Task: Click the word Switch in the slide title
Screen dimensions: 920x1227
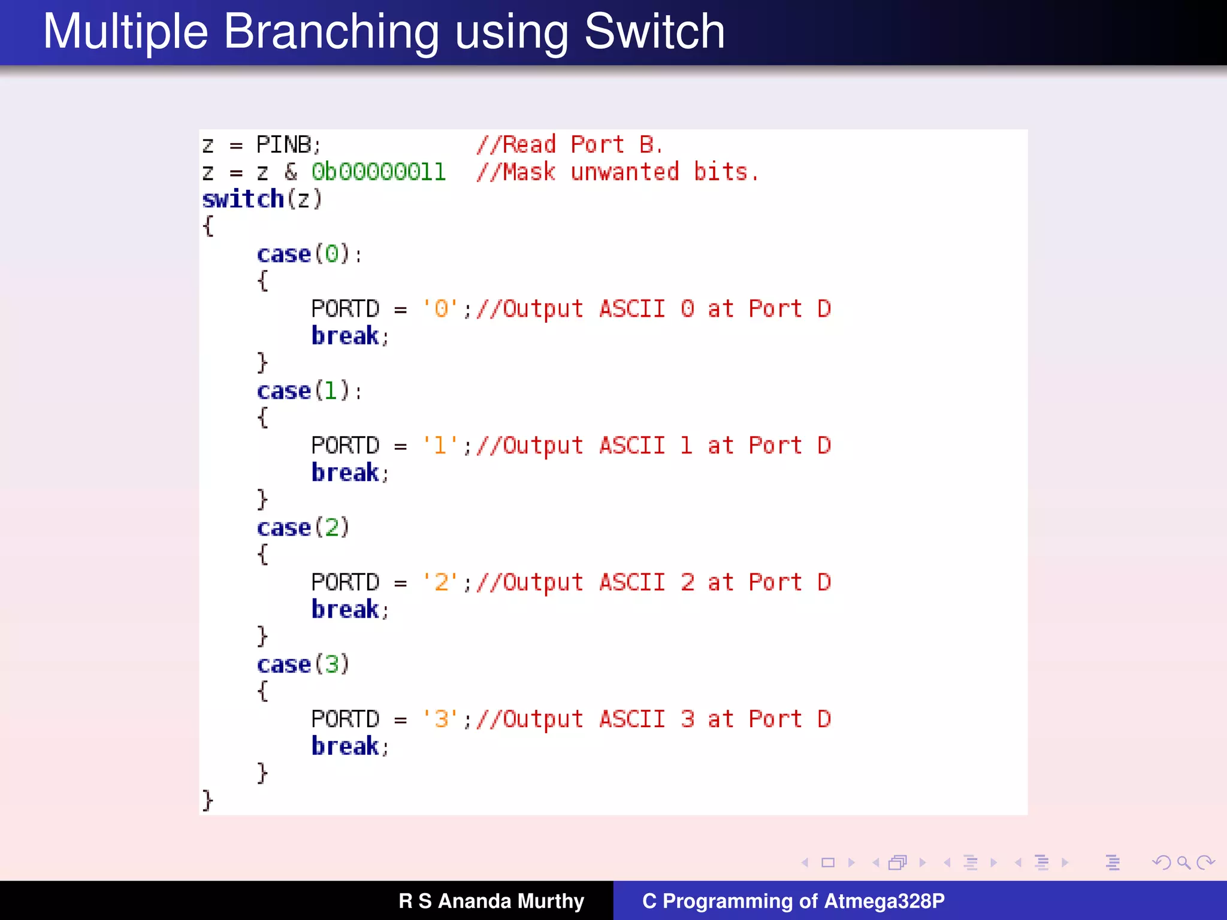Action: click(x=654, y=32)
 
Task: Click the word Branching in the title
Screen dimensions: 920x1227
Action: click(x=331, y=32)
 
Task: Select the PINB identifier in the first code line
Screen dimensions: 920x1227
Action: click(x=284, y=145)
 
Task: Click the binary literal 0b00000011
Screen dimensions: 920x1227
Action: click(x=379, y=172)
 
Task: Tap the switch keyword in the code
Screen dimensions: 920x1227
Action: click(x=243, y=199)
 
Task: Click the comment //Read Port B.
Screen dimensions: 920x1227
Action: click(x=569, y=145)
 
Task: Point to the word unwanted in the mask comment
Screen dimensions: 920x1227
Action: click(x=625, y=172)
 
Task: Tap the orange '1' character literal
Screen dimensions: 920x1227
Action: click(x=440, y=446)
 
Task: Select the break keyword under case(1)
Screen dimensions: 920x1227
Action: click(x=345, y=473)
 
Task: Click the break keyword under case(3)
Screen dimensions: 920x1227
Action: click(x=345, y=747)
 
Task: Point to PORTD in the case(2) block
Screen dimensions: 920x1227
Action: click(x=345, y=583)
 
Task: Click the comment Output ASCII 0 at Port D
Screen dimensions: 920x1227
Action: click(x=653, y=309)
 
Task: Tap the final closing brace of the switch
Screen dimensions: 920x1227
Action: click(x=207, y=800)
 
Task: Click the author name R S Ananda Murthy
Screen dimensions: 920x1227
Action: click(x=491, y=901)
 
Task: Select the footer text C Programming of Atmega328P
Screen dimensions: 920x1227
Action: click(x=793, y=901)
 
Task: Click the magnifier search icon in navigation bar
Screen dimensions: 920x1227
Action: click(x=1183, y=862)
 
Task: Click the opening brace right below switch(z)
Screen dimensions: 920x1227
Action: click(x=208, y=226)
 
